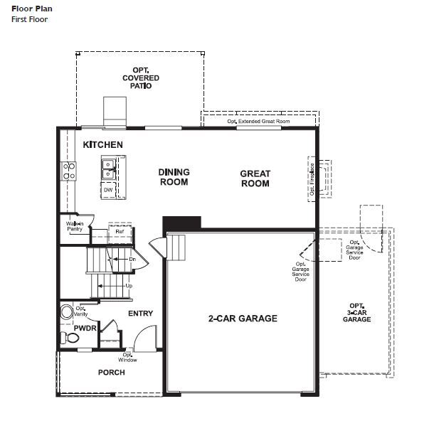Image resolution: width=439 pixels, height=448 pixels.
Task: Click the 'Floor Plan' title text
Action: pyautogui.click(x=28, y=9)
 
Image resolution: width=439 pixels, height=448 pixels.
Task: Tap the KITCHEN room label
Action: pyautogui.click(x=102, y=145)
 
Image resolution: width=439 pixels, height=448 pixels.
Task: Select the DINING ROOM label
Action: pyautogui.click(x=174, y=177)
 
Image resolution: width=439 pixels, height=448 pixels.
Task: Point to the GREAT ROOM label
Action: pyautogui.click(x=255, y=178)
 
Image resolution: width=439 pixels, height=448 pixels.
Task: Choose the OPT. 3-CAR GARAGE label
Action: pyautogui.click(x=356, y=312)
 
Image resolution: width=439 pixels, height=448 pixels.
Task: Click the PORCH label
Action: pyautogui.click(x=111, y=373)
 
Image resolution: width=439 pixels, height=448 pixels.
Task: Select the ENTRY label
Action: pyautogui.click(x=140, y=314)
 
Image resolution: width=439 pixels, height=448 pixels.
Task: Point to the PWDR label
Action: pyautogui.click(x=85, y=329)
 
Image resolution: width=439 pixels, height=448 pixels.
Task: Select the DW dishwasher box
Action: pyautogui.click(x=108, y=190)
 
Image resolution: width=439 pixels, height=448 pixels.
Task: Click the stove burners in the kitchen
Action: pyautogui.click(x=69, y=170)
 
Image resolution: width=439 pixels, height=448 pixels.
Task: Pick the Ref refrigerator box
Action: pyautogui.click(x=120, y=232)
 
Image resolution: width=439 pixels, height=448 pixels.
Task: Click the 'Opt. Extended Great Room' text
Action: pyautogui.click(x=258, y=122)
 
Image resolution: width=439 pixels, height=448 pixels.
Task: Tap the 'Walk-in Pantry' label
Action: pyautogui.click(x=75, y=227)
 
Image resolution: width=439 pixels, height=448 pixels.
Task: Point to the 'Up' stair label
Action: pyautogui.click(x=129, y=286)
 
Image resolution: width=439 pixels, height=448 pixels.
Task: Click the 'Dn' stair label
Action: pyautogui.click(x=132, y=260)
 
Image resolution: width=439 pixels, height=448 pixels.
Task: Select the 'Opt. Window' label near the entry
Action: pyautogui.click(x=129, y=357)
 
